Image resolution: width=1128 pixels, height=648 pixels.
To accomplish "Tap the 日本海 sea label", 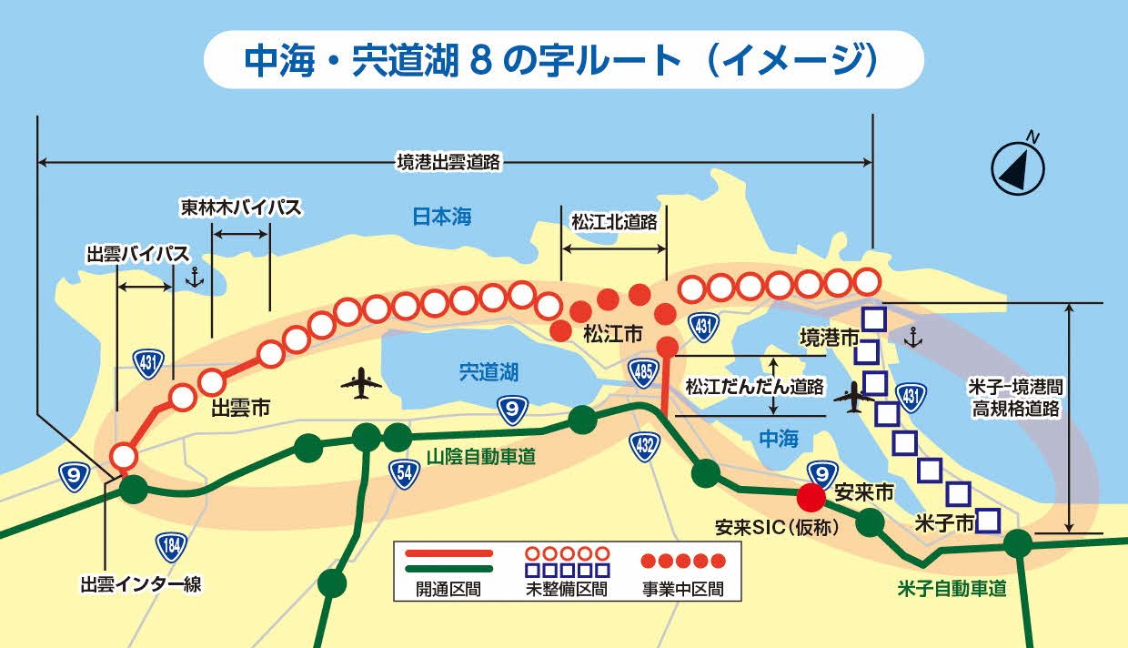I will (x=442, y=217).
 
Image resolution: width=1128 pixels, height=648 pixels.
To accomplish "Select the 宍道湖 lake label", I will (x=488, y=371).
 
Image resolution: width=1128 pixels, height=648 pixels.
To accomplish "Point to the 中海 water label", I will (x=778, y=439).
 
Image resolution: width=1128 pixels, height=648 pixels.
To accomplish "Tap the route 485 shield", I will (x=642, y=370).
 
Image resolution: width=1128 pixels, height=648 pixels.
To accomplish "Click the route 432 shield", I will (x=644, y=445).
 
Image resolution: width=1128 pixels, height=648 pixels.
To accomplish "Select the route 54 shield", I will (x=403, y=471).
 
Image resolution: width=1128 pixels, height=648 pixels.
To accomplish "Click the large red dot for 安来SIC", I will (x=811, y=497).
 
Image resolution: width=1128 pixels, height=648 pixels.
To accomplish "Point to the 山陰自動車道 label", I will (x=481, y=457).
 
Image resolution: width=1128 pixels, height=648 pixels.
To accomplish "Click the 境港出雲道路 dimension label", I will (x=449, y=163).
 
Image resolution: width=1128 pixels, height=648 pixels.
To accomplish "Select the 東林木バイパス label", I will (x=240, y=208).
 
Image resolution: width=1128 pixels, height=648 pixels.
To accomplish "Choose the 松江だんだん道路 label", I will (x=754, y=386).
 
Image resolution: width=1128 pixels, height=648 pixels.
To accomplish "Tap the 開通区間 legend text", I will (x=446, y=589).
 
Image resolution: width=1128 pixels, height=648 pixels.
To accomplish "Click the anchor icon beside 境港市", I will (x=914, y=339).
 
